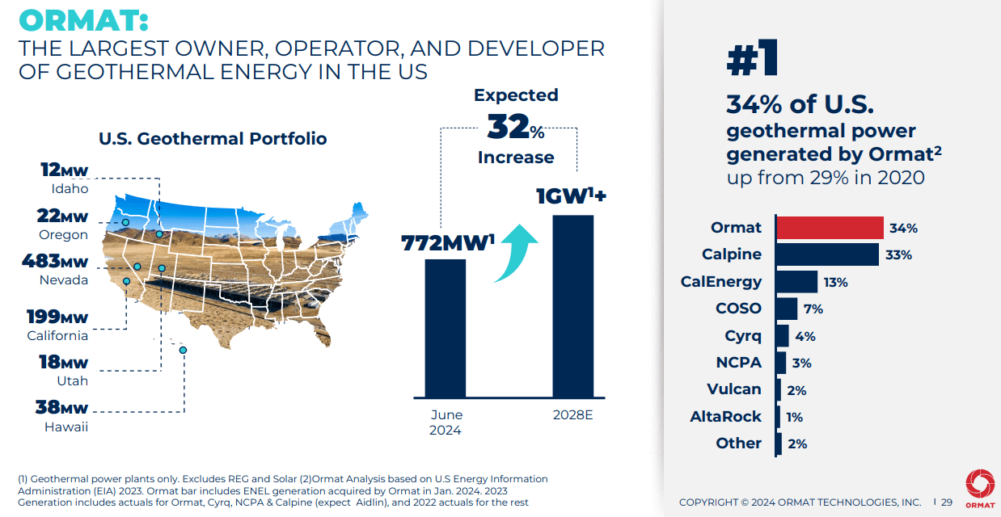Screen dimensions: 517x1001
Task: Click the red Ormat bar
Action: pos(830,228)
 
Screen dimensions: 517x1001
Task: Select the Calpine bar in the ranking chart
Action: pos(828,254)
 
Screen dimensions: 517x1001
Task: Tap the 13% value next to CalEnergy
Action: pos(835,282)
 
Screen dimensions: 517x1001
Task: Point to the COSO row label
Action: pos(738,309)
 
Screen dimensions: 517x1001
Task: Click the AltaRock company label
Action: pos(725,417)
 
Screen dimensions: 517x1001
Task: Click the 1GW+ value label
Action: pos(571,197)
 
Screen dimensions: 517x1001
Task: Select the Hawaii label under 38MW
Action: pos(66,427)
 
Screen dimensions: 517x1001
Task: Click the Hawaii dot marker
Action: pos(183,350)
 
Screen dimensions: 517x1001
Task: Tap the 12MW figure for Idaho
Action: pos(64,170)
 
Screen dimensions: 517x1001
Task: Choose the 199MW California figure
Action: pos(57,317)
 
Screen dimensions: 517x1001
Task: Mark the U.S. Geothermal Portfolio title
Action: pos(213,139)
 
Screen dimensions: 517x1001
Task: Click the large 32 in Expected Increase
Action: pos(508,127)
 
